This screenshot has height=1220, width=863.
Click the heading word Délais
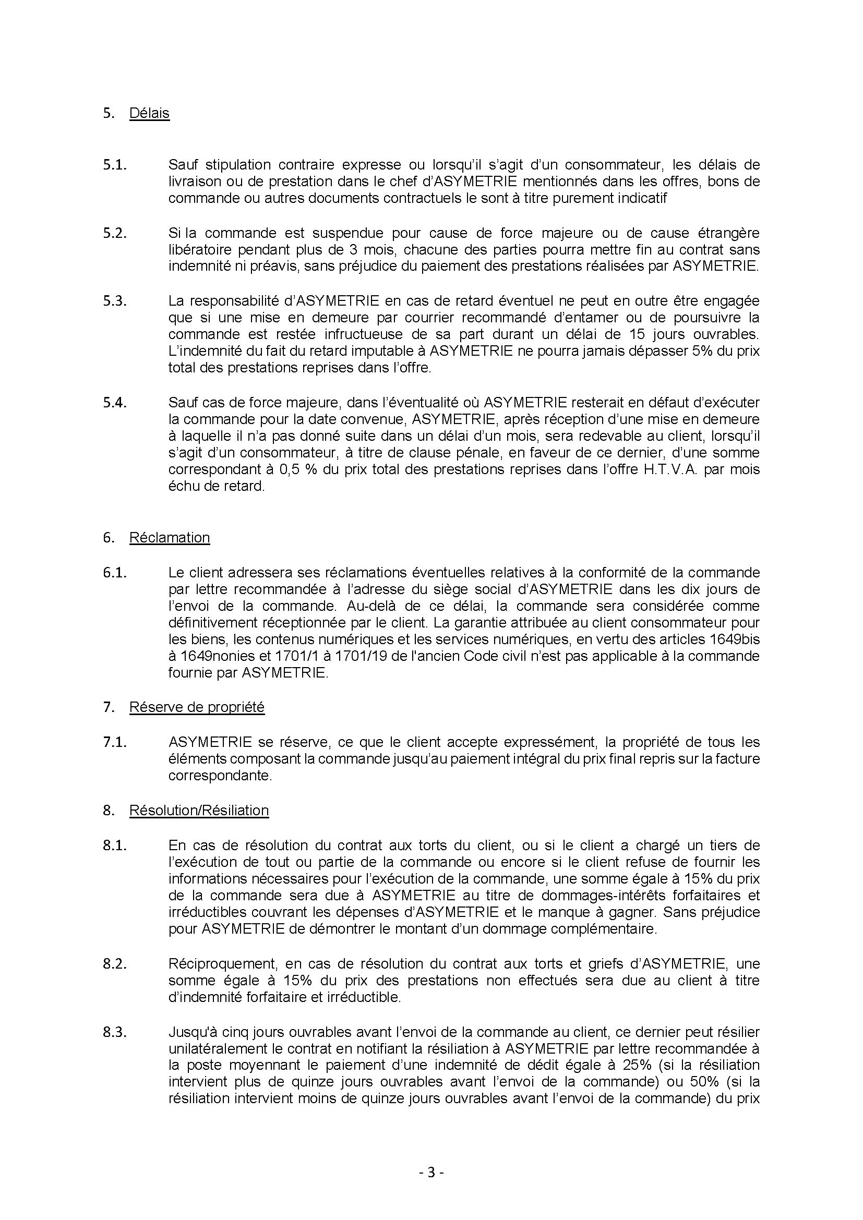pos(149,113)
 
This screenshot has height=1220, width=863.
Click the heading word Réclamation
pos(170,538)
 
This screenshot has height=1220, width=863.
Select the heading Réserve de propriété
pos(197,707)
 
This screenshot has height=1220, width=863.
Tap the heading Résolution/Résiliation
pos(199,811)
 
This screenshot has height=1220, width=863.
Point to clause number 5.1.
pos(115,165)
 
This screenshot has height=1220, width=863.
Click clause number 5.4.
pos(115,403)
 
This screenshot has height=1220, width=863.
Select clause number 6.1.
pos(115,573)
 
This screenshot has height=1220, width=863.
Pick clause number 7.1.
pos(115,742)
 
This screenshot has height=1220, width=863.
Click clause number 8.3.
pos(115,1032)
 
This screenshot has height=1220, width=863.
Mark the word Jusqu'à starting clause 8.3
pos(193,1032)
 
